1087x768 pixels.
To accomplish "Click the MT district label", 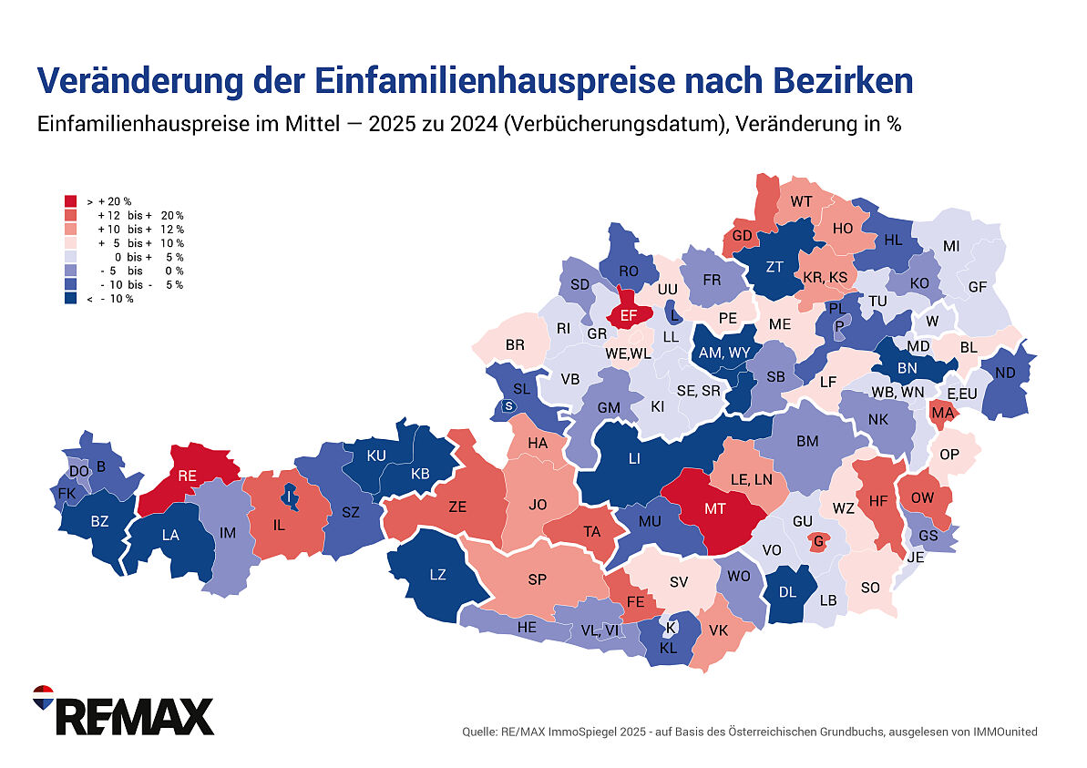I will point(715,508).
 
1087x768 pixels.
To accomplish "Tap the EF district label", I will point(628,315).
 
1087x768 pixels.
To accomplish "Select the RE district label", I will point(188,475).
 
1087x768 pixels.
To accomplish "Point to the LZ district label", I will point(437,574).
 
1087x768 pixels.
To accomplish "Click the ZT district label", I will point(774,267).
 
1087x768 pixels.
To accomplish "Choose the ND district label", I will point(1005,373).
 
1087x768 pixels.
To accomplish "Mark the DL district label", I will point(789,590).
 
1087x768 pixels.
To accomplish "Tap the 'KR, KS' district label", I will point(826,277).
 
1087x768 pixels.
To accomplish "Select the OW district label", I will point(922,497).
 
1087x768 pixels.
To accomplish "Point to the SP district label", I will point(538,579).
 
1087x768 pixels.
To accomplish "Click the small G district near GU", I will point(818,541).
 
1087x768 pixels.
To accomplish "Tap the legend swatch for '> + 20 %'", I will point(70,200).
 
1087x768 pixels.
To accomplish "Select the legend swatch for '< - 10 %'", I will point(70,299).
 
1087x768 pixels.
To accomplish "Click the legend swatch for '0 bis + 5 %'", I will point(70,257).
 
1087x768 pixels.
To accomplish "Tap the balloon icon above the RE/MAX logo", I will point(43,697).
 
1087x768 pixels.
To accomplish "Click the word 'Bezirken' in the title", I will point(843,81).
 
